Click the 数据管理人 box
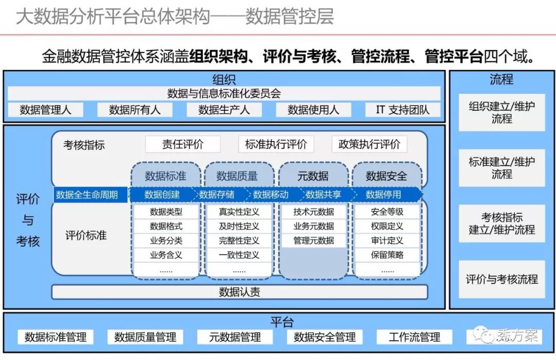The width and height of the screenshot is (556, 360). coord(45,110)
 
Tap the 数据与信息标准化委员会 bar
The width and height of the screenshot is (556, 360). coord(224,94)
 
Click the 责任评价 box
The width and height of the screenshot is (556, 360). coord(183,144)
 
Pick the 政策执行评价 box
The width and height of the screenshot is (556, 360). coord(369,144)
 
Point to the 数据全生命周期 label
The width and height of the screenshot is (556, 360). coord(87,195)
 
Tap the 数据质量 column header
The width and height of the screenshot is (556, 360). coord(237,176)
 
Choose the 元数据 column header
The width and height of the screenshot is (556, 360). coord(312,176)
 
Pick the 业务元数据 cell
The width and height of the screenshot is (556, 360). coord(314,226)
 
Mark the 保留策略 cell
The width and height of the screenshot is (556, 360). coord(387,254)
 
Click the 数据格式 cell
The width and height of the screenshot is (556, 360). coord(166,226)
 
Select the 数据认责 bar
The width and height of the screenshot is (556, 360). coord(239,292)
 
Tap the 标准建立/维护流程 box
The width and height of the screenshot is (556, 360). coord(501,168)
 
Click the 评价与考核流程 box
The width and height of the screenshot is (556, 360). coord(501,280)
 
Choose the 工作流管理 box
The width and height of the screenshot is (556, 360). coord(414,337)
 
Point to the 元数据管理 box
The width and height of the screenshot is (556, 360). coord(235,337)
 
